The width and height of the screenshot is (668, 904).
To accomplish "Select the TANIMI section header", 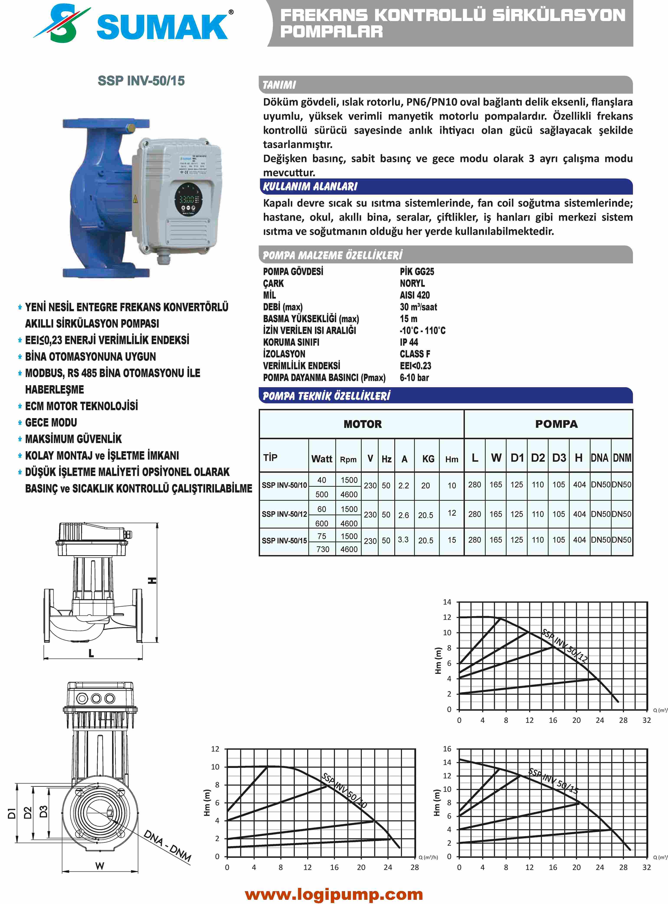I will (279, 85).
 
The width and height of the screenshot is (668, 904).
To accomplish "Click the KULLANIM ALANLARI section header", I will (310, 187).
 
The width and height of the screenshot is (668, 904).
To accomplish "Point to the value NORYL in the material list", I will (412, 283).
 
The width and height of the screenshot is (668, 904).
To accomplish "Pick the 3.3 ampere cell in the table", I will (403, 540).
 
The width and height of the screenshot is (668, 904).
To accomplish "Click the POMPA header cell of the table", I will (556, 424).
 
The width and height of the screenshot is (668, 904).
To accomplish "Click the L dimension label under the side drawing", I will (91, 653).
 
